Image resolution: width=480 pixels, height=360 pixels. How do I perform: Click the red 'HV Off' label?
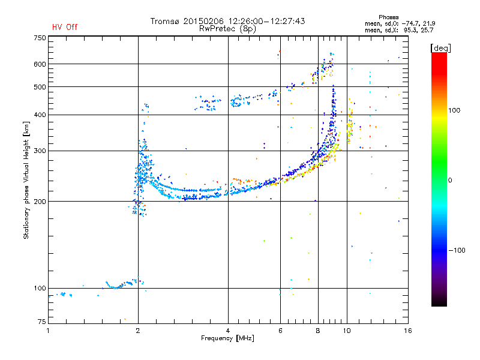point(65,27)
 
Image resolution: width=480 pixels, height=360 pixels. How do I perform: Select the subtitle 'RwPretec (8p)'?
point(227,29)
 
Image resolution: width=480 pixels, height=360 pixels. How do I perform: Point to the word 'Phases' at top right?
point(388,17)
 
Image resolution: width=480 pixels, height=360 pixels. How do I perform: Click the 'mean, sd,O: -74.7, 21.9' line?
point(400,23)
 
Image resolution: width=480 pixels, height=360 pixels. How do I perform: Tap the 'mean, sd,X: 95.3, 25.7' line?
point(399,30)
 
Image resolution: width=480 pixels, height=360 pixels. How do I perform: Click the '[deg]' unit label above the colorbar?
point(440,48)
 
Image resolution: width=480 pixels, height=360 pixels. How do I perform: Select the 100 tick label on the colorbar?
point(454,110)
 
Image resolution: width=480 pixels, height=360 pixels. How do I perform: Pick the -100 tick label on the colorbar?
point(457,250)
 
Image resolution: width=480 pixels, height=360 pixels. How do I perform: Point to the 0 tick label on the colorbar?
point(449,180)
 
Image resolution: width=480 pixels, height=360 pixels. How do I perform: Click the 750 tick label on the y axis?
point(40,38)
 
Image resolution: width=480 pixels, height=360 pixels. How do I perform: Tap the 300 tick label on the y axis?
point(40,151)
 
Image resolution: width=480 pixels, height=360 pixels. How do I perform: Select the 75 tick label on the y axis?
point(42,322)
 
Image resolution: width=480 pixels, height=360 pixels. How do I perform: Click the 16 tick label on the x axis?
point(408,331)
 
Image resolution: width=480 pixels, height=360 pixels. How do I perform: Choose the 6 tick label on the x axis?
point(280,331)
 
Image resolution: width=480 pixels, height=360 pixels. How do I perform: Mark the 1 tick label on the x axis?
point(48,331)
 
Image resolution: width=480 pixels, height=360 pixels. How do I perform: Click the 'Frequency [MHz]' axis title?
point(227,338)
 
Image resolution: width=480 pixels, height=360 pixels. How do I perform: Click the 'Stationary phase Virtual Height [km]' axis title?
point(26,181)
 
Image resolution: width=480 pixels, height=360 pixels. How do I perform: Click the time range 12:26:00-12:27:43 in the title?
point(266,21)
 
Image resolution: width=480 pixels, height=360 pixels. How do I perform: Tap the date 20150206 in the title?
point(203,21)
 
